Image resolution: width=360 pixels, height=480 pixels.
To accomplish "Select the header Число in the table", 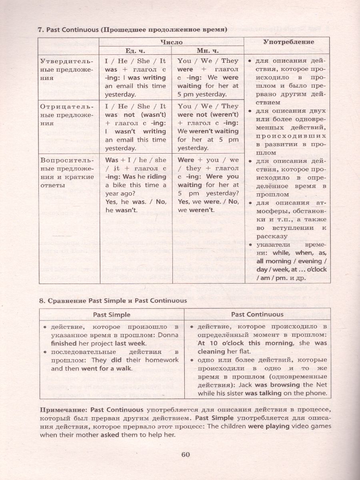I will pyautogui.click(x=171, y=42).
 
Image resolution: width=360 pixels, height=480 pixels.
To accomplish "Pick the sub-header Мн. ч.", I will pyautogui.click(x=207, y=50).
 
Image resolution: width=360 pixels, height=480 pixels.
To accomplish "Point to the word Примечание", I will pyautogui.click(x=63, y=410).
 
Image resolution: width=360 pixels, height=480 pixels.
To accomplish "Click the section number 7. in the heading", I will pyautogui.click(x=40, y=30).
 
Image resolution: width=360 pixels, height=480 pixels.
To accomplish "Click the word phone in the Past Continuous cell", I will pyautogui.click(x=317, y=393).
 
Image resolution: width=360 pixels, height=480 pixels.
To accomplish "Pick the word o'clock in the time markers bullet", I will pyautogui.click(x=316, y=269).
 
